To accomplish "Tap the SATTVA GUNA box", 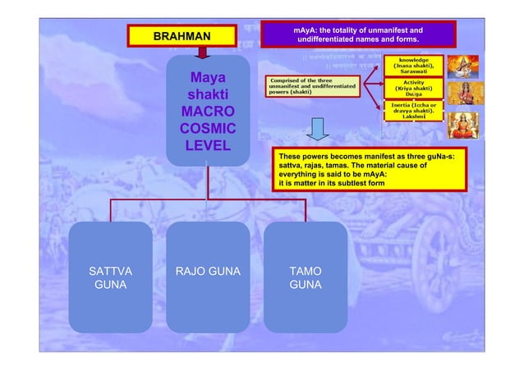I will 110,278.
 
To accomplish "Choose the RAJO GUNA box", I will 208,278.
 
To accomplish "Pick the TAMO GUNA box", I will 306,278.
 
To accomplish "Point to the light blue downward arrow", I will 319,130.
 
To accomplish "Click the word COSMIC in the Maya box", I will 208,129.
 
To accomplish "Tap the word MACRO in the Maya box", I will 208,112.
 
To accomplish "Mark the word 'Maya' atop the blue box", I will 208,79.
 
